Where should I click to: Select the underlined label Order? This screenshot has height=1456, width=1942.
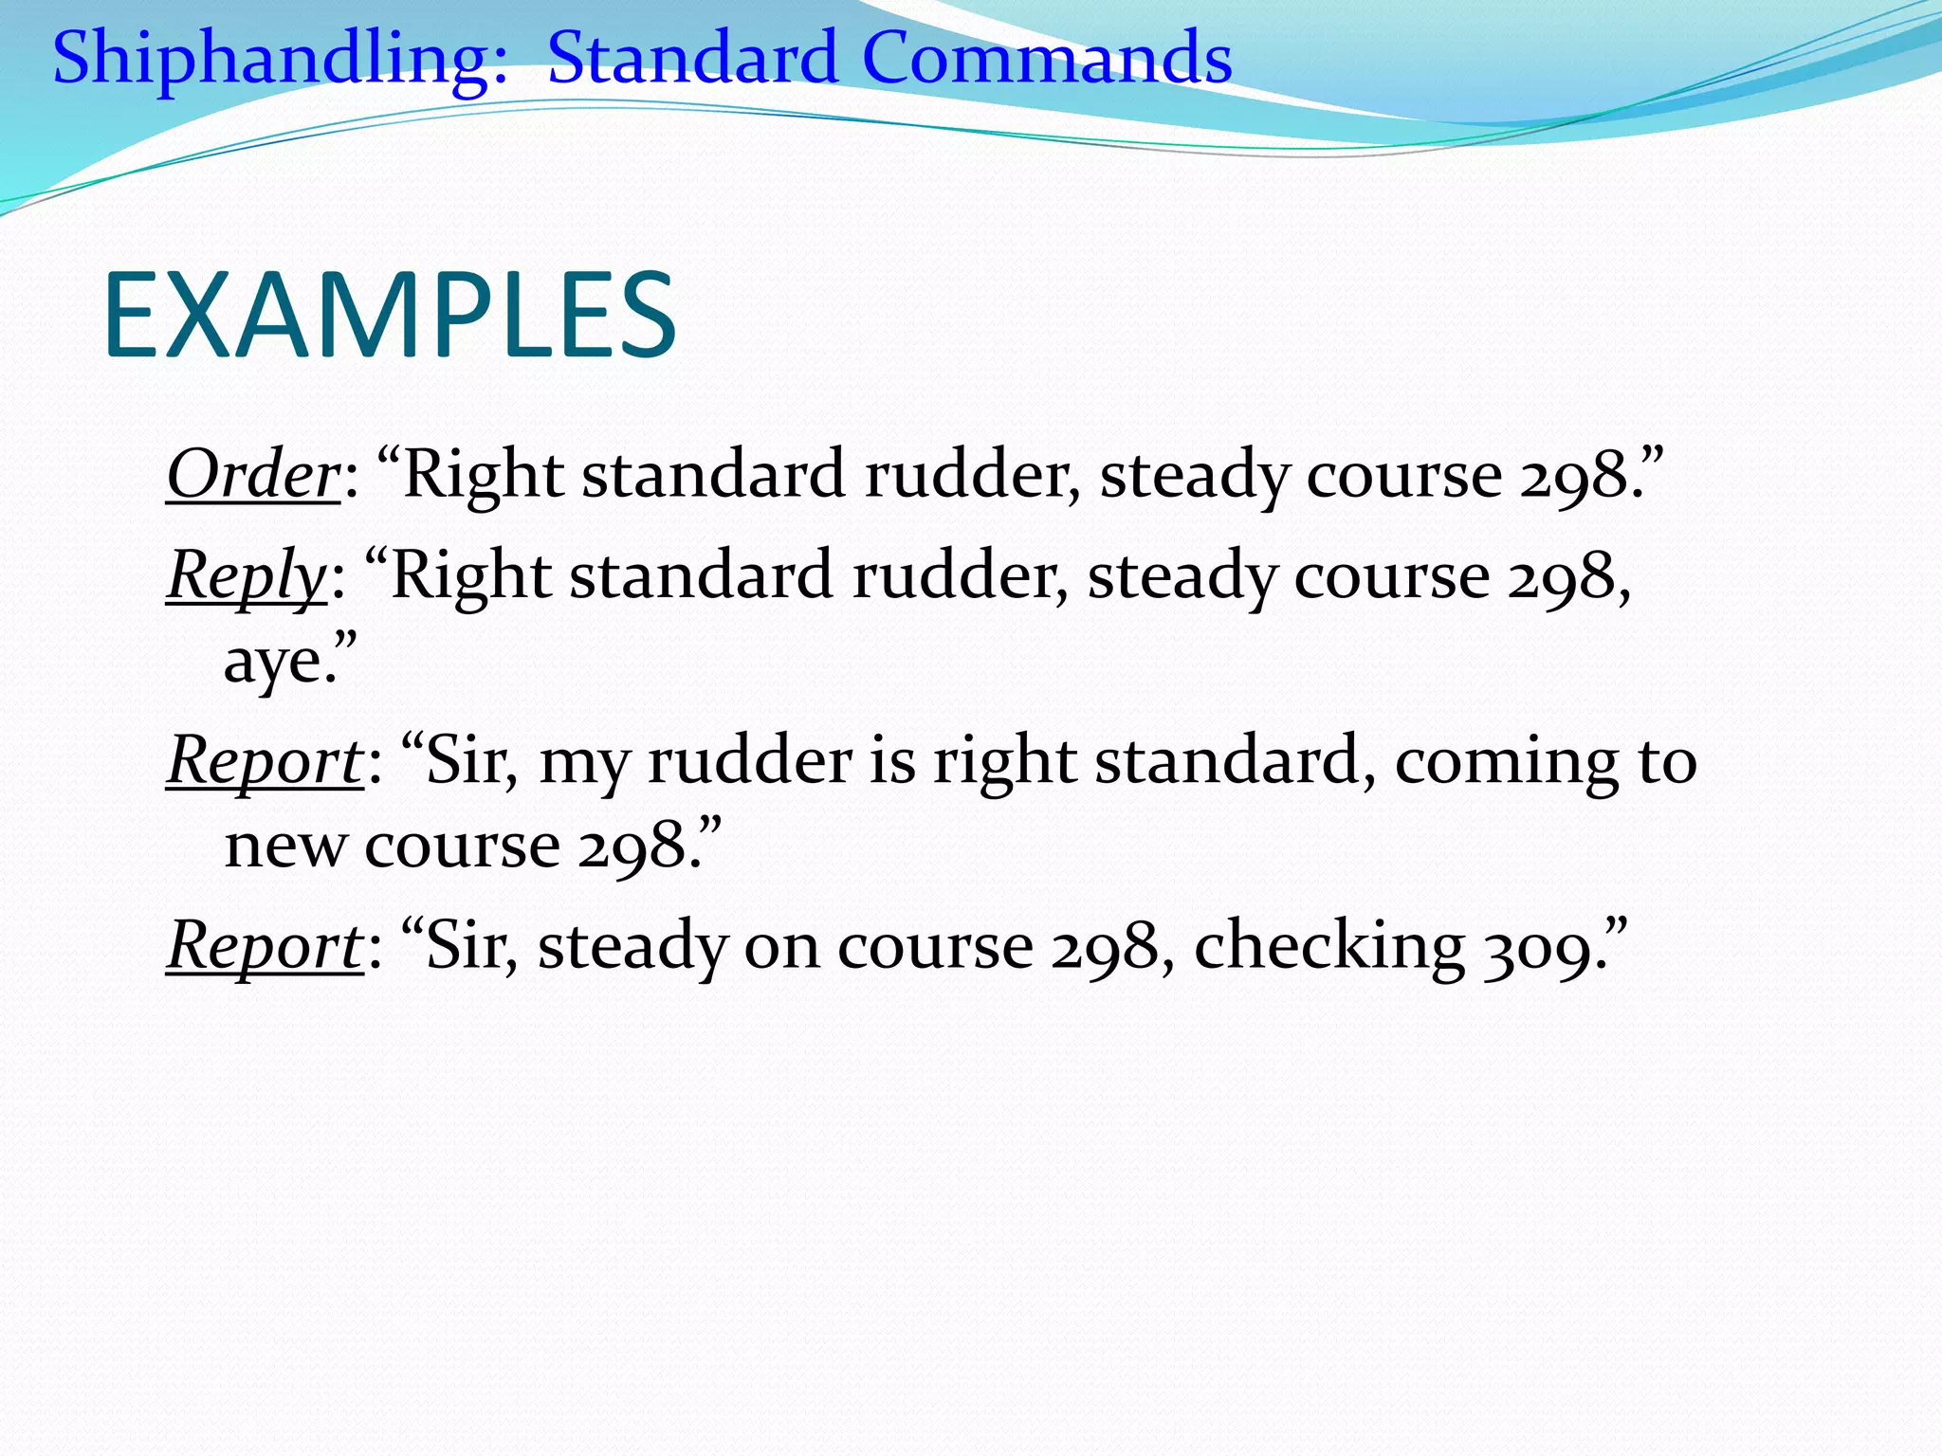point(252,474)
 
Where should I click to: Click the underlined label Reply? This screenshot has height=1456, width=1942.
point(247,576)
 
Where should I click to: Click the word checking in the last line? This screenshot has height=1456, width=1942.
point(1328,946)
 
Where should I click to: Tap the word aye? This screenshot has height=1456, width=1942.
point(280,662)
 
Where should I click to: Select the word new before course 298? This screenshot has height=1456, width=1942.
point(284,846)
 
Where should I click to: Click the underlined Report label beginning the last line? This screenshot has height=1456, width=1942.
point(264,946)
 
